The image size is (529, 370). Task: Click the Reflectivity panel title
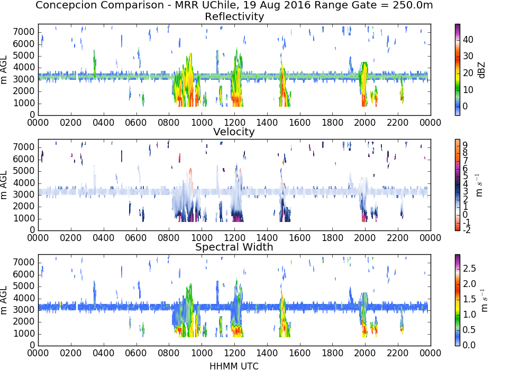[x=234, y=16]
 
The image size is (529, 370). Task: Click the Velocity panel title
[x=234, y=132]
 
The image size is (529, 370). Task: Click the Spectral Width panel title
[x=234, y=247]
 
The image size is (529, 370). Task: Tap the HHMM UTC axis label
[x=234, y=366]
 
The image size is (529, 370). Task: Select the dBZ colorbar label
[x=481, y=70]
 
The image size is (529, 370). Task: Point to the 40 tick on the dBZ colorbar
[x=468, y=40]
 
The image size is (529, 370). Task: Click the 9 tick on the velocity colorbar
[x=465, y=145]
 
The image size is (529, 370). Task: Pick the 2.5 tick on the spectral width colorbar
[x=469, y=268]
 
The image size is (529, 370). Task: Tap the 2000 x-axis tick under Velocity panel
[x=365, y=237]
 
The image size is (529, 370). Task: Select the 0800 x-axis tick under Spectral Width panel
[x=169, y=353]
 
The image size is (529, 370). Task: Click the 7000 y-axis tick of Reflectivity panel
[x=24, y=32]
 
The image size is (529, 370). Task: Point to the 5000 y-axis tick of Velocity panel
[x=24, y=171]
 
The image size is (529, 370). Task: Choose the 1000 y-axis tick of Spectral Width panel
[x=24, y=334]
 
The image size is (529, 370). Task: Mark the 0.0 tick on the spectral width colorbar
[x=469, y=345]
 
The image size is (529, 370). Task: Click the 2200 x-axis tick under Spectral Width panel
[x=398, y=353]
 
